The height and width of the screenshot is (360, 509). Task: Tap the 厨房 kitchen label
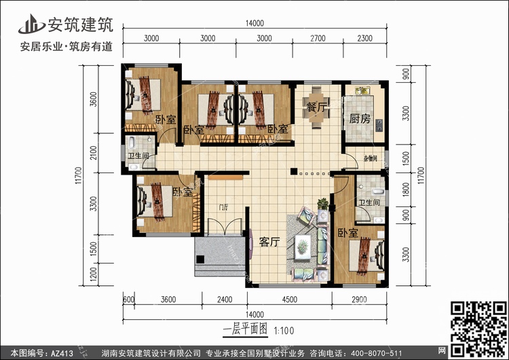(360, 118)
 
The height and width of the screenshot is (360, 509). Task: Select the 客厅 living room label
(269, 242)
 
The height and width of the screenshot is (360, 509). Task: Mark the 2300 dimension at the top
(364, 38)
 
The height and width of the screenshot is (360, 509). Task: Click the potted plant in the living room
(323, 203)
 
